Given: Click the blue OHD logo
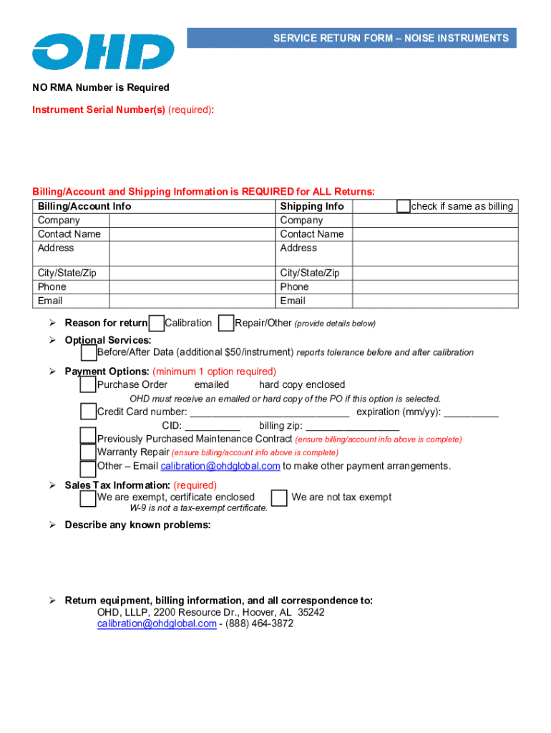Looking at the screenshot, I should (x=103, y=52).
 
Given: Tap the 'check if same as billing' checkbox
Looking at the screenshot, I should (x=404, y=206).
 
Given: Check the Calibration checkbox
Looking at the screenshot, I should (x=156, y=324).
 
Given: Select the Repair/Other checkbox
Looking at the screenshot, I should (x=226, y=324).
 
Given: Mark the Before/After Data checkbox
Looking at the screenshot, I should (x=89, y=353).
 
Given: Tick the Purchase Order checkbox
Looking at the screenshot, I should (x=88, y=385).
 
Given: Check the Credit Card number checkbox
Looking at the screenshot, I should (x=88, y=412).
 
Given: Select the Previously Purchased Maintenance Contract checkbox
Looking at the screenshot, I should (x=88, y=436).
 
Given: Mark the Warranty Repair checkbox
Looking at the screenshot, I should (x=88, y=452).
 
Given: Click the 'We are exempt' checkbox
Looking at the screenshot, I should (x=88, y=497).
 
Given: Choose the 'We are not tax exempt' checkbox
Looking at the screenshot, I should (x=280, y=497).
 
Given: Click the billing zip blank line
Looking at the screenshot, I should (x=352, y=427).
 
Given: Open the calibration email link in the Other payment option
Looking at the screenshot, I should (x=220, y=467).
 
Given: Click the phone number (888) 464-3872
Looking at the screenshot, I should (x=261, y=624).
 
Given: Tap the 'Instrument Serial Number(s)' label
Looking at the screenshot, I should (x=99, y=110).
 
